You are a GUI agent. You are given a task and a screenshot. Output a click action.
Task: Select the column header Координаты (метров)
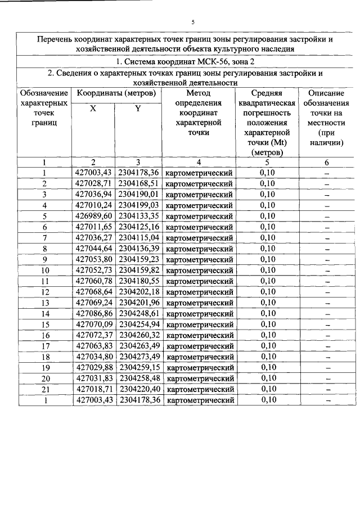coord(116,93)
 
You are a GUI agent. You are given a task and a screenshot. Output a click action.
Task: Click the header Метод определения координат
coord(199,112)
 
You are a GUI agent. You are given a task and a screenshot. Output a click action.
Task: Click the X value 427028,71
coord(94,184)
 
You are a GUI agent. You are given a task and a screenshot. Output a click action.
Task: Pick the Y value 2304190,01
coord(139,195)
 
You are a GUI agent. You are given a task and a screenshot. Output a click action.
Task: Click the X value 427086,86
coord(94,313)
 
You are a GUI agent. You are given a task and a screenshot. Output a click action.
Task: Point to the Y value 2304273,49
coord(139,357)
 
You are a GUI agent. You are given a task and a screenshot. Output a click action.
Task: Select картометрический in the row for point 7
coord(200,238)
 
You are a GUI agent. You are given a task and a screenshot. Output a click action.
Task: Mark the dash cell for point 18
coord(326,357)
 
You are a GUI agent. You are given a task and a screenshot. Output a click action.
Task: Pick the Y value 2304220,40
coord(139,389)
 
